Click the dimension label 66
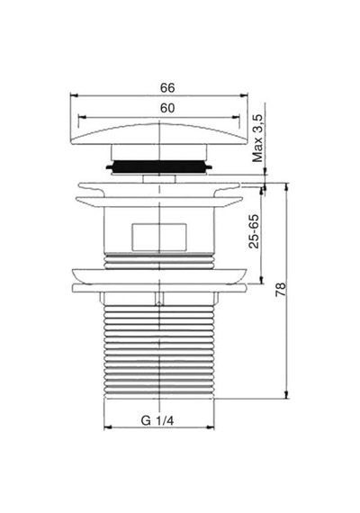pos(167,87)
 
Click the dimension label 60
pos(167,108)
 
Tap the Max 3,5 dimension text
pos(257,139)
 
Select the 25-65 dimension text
pos(254,231)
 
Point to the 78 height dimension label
pos(281,290)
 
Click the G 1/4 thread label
pos(157,420)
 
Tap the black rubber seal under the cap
pos(159,166)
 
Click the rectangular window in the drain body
pos(159,238)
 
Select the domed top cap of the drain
pos(159,133)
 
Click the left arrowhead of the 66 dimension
pos(74,95)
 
